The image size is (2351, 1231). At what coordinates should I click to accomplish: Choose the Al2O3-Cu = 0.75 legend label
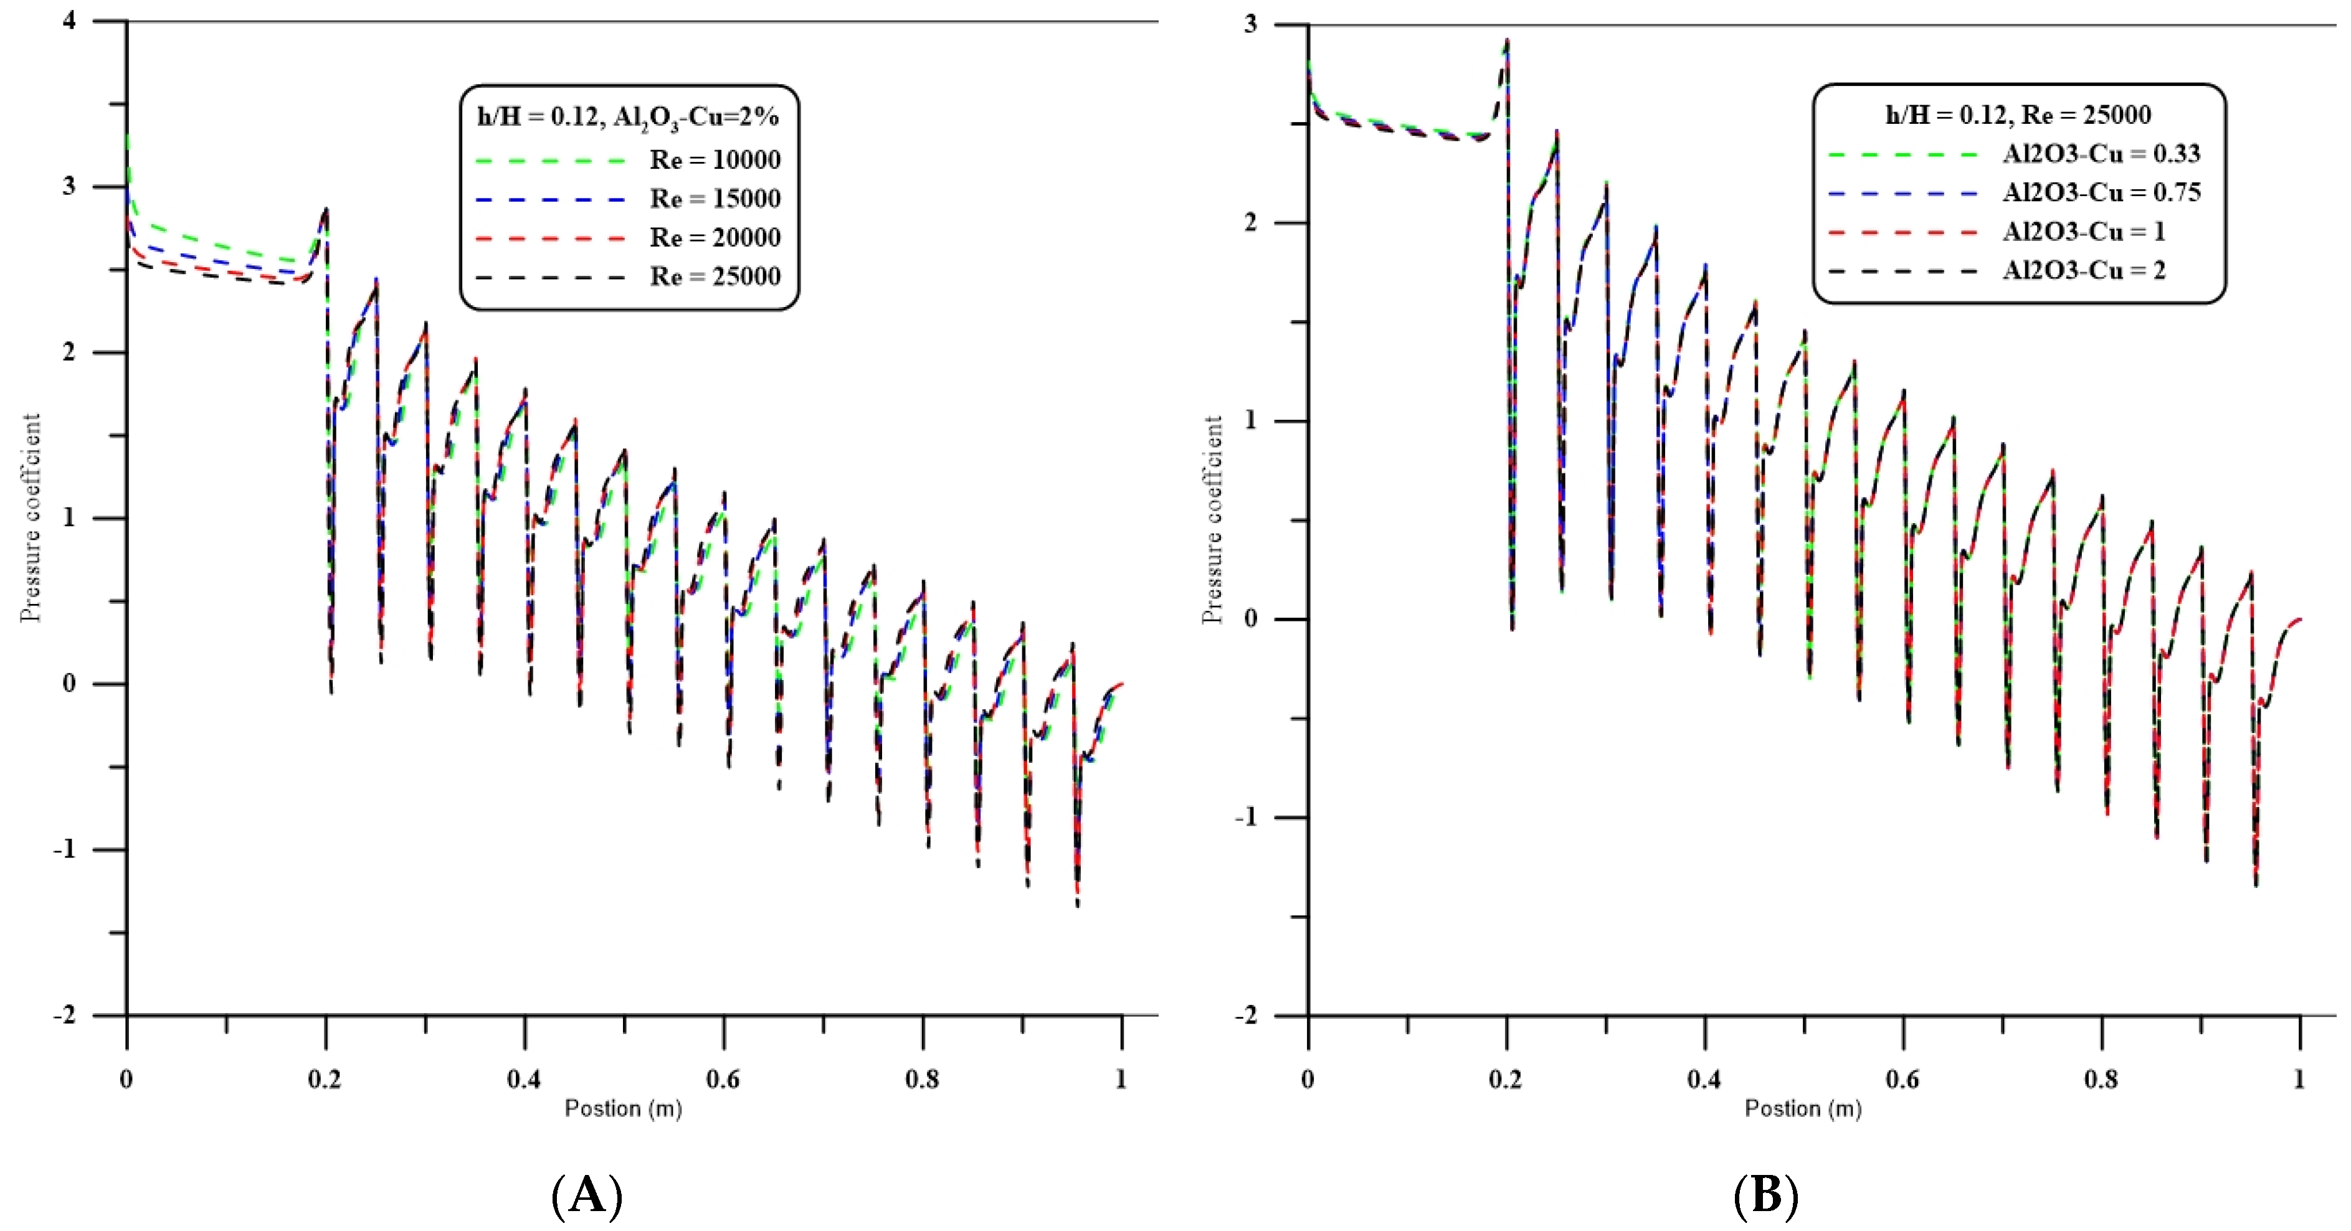[2101, 192]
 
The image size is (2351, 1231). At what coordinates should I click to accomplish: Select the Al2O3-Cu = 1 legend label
[2084, 232]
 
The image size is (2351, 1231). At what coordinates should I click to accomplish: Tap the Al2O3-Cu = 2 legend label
[2084, 270]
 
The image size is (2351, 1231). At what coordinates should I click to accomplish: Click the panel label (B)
[1766, 1194]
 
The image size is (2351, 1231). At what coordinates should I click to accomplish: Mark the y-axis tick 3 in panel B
[1250, 25]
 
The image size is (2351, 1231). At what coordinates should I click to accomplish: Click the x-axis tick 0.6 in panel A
[723, 1080]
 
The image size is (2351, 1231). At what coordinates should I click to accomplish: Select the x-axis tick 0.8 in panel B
[2101, 1080]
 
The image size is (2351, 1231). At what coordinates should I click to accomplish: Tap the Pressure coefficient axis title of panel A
[31, 517]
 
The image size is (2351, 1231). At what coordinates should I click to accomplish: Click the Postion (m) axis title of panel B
[1802, 1109]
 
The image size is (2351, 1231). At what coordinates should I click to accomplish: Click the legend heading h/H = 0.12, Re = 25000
[2018, 115]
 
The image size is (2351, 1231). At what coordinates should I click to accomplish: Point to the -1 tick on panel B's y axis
[1247, 817]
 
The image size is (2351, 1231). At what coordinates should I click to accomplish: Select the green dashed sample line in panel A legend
[550, 161]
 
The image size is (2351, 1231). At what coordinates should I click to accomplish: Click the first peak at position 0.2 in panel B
[1507, 41]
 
